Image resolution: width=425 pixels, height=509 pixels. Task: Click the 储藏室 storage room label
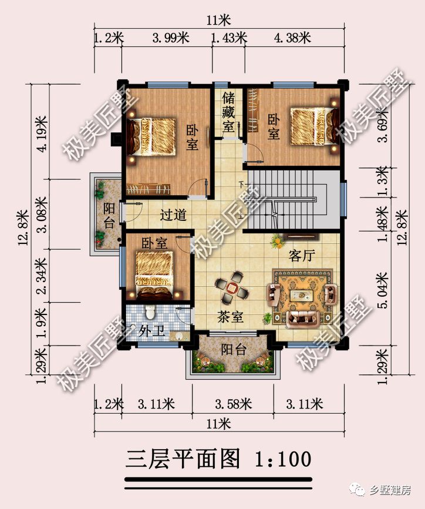(228, 111)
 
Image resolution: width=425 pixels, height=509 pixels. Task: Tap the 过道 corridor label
(173, 215)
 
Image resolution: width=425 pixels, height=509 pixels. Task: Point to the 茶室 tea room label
(231, 317)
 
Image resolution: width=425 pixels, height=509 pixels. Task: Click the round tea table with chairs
(232, 287)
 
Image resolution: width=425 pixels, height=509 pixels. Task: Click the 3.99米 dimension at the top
(170, 38)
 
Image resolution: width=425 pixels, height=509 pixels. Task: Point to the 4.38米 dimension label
(292, 38)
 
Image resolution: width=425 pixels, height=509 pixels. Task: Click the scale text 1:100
(281, 458)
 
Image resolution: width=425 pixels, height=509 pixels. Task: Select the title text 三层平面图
(183, 458)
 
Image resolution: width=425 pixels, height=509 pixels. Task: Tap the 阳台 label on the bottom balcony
(233, 349)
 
